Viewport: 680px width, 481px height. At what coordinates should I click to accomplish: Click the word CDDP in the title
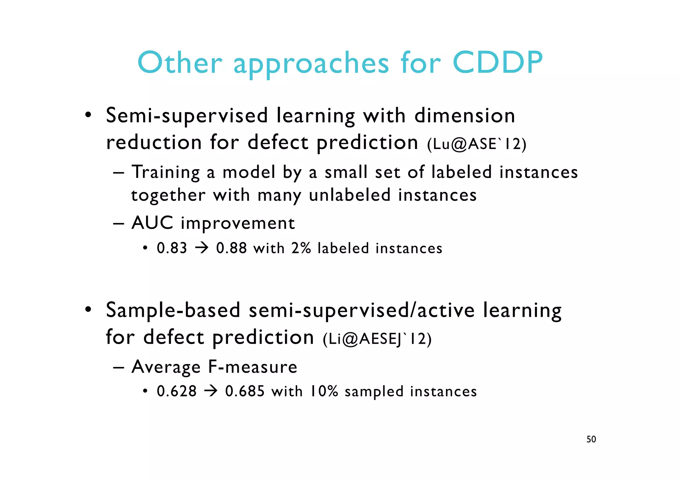(x=497, y=63)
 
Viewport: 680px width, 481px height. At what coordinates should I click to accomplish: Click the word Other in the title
(x=180, y=63)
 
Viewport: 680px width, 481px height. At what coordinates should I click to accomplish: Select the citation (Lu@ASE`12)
(x=477, y=144)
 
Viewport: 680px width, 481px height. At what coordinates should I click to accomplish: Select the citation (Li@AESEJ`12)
(x=377, y=339)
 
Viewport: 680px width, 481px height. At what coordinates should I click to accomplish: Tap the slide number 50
(x=591, y=439)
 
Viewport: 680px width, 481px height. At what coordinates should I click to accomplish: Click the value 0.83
(x=172, y=248)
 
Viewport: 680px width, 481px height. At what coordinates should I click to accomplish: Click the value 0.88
(x=231, y=248)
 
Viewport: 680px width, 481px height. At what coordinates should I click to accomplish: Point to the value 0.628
(x=177, y=391)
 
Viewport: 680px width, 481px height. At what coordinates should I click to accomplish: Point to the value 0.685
(x=245, y=391)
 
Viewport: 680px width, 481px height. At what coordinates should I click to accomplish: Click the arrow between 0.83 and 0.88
(x=202, y=248)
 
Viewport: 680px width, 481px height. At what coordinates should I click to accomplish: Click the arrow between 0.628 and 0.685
(x=211, y=391)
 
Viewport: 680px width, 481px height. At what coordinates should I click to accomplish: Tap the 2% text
(x=301, y=248)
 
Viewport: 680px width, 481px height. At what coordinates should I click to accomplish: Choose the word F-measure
(x=252, y=367)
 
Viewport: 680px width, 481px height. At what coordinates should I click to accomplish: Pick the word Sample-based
(x=173, y=310)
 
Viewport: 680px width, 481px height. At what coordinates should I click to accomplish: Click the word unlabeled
(x=350, y=195)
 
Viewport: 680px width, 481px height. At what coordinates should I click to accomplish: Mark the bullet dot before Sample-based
(x=88, y=309)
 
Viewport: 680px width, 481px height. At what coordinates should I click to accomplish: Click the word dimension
(x=465, y=116)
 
